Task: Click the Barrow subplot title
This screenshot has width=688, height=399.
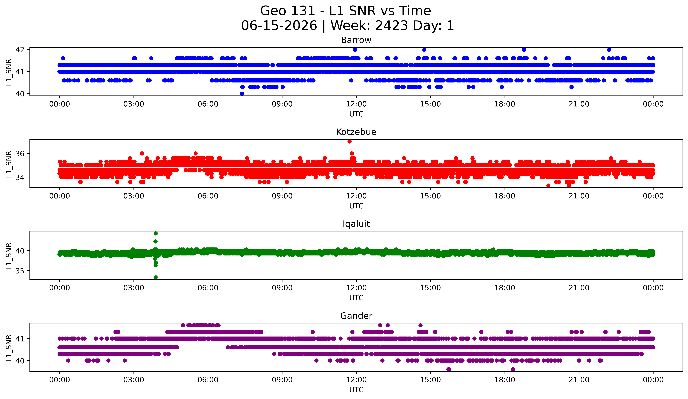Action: coord(356,40)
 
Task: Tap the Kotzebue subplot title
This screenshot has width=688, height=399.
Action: coord(356,132)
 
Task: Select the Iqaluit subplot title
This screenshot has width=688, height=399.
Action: coord(356,224)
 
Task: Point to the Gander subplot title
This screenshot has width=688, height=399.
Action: coord(356,316)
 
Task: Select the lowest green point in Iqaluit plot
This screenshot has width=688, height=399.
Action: coord(156,277)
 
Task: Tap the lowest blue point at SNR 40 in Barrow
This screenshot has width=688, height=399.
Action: coord(242,94)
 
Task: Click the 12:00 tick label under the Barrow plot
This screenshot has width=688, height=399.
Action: coord(356,104)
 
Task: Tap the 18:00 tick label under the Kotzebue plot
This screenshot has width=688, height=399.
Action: coord(505,196)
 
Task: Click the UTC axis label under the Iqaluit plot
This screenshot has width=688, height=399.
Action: coord(356,298)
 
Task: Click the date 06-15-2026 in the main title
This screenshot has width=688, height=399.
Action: coord(279,26)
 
